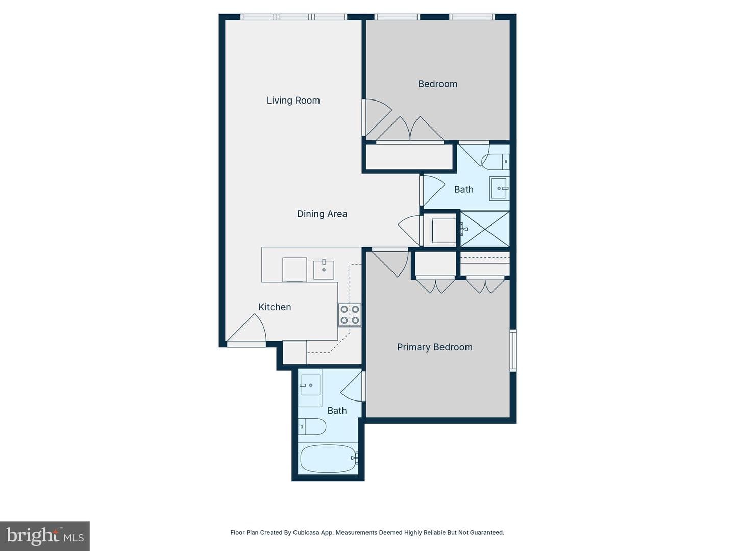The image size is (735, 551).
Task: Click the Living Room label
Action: (x=293, y=101)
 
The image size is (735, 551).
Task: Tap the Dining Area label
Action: (x=322, y=214)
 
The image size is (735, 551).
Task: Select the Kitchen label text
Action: (x=275, y=307)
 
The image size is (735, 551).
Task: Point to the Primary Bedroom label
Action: (x=435, y=347)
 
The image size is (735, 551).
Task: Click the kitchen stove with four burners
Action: (x=350, y=315)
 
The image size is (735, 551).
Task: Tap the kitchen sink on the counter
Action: (x=324, y=270)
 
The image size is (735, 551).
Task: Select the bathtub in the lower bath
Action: (x=329, y=459)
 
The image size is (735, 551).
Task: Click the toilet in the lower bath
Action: (x=312, y=427)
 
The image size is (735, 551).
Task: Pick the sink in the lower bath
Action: (x=310, y=385)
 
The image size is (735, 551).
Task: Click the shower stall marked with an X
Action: (x=485, y=229)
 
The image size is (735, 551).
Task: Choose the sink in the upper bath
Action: (x=500, y=188)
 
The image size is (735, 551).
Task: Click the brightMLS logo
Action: (x=45, y=536)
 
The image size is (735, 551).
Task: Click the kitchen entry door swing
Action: (x=247, y=328)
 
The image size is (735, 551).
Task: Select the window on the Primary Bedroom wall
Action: (x=512, y=350)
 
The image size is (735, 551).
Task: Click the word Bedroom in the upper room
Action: (x=437, y=84)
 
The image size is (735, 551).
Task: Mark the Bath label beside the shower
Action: (x=464, y=190)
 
